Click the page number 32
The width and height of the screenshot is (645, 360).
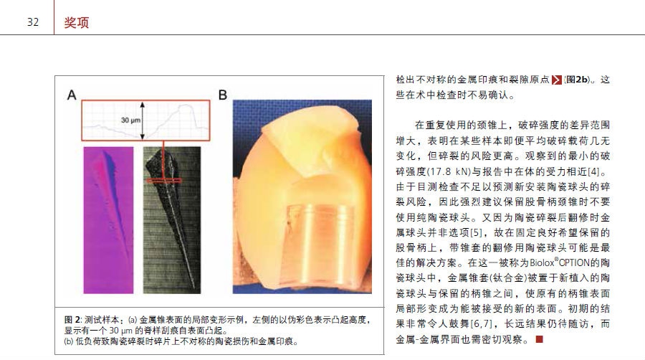(x=33, y=22)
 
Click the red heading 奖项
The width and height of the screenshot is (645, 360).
(x=77, y=23)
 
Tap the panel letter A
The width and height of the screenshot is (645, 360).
(x=72, y=95)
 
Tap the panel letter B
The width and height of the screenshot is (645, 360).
(x=223, y=95)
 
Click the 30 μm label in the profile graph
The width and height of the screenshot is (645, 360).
(x=130, y=120)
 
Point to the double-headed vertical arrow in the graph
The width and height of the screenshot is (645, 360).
(x=143, y=121)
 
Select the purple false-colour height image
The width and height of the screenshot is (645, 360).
(x=108, y=220)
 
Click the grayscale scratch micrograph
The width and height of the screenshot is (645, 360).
(x=172, y=220)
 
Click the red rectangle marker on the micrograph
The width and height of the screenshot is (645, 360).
(x=163, y=180)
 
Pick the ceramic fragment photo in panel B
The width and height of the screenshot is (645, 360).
(x=302, y=196)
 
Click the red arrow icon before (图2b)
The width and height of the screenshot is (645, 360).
(x=557, y=80)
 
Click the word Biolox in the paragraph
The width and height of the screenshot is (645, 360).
(x=542, y=263)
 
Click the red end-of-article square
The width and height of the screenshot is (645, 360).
(x=539, y=339)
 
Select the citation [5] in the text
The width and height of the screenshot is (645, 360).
(x=476, y=233)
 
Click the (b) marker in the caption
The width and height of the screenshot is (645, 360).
(x=69, y=341)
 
